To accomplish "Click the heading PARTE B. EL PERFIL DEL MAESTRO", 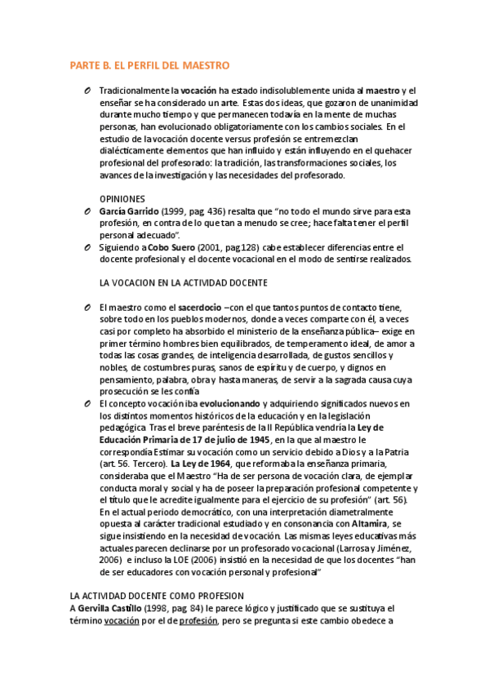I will pos(149,65).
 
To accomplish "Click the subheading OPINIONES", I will pos(122,198).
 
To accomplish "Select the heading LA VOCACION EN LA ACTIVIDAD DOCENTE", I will pos(183,282).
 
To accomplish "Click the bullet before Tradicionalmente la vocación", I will pos(86,90).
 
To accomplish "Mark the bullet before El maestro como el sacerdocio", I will pos(86,307).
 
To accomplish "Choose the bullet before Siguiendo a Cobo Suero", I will pos(86,247).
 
